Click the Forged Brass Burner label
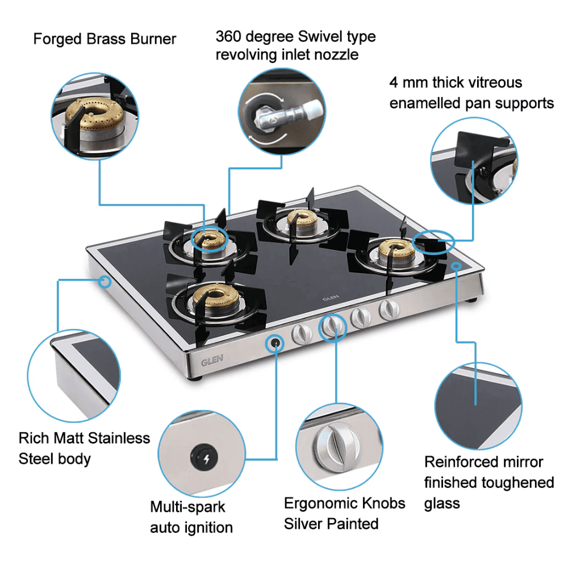point(105,39)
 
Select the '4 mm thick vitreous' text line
point(455,82)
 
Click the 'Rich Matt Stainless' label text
point(84,438)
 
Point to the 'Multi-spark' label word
point(187,507)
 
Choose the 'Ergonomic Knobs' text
point(344,503)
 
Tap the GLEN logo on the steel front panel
point(212,360)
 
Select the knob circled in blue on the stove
point(333,328)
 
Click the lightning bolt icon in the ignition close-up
point(205,457)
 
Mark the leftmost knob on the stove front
point(301,335)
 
